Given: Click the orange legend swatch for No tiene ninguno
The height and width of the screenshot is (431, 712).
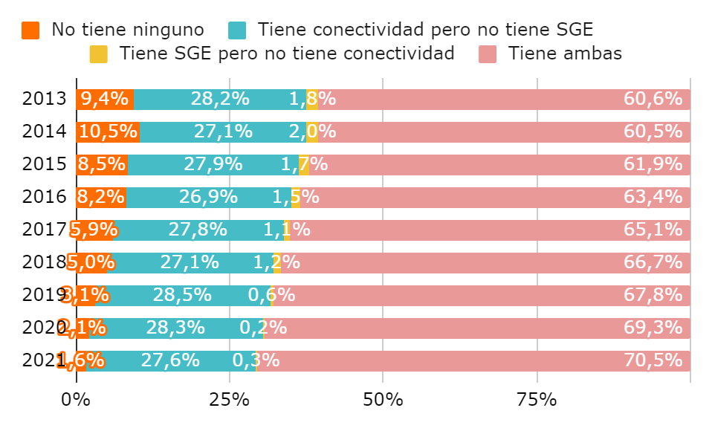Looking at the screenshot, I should point(30,30).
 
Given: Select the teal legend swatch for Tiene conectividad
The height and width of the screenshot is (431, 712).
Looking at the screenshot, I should point(237,30).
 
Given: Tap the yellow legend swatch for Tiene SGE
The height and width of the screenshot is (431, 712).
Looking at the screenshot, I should point(99,54).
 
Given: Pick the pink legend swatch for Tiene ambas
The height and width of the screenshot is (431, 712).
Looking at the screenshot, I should point(488,54).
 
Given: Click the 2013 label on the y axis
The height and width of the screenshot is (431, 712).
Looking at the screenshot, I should point(44,100).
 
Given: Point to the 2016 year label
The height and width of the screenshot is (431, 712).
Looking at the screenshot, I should point(44,198).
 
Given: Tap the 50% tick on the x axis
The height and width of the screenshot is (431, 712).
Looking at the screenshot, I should point(383,400).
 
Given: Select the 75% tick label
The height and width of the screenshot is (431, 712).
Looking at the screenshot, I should point(536,400).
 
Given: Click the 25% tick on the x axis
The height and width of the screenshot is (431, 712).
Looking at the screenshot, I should point(229,400).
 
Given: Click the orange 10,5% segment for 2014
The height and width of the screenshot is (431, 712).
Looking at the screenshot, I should point(108,132).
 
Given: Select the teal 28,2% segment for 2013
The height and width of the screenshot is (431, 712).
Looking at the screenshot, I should point(220,100).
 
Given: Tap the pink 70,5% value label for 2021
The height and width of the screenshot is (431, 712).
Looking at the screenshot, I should point(653,361).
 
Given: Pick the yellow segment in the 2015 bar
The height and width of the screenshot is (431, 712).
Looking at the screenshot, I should point(304,165).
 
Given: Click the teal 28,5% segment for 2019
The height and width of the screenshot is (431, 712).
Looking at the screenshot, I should point(183,296).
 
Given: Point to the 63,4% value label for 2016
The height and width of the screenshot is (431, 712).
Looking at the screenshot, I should point(653,198).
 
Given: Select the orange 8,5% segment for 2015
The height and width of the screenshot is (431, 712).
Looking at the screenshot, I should point(102,165).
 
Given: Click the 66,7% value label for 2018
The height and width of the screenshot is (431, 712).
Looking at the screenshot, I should point(653,263).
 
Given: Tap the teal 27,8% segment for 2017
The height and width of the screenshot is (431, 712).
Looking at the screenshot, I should point(198,230).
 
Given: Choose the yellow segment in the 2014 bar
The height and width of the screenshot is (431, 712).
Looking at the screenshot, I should point(312,132).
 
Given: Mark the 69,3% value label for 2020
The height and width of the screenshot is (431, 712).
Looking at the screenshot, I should point(653,328).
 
